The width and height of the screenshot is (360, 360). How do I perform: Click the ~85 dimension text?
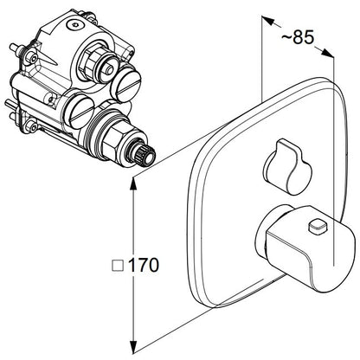coord(298,37)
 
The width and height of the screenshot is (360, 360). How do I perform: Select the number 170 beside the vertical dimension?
coord(144,265)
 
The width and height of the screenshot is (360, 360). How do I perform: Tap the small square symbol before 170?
coord(118,266)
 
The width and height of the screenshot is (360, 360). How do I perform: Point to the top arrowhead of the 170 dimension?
coord(133,183)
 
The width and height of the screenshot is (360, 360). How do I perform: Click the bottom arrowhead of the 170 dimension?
coord(133,347)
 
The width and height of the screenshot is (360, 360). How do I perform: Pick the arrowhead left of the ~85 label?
coord(267,21)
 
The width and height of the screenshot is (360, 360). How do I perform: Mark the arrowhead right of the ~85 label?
coord(328,53)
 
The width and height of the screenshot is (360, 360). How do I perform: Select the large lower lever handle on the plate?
coord(305,248)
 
